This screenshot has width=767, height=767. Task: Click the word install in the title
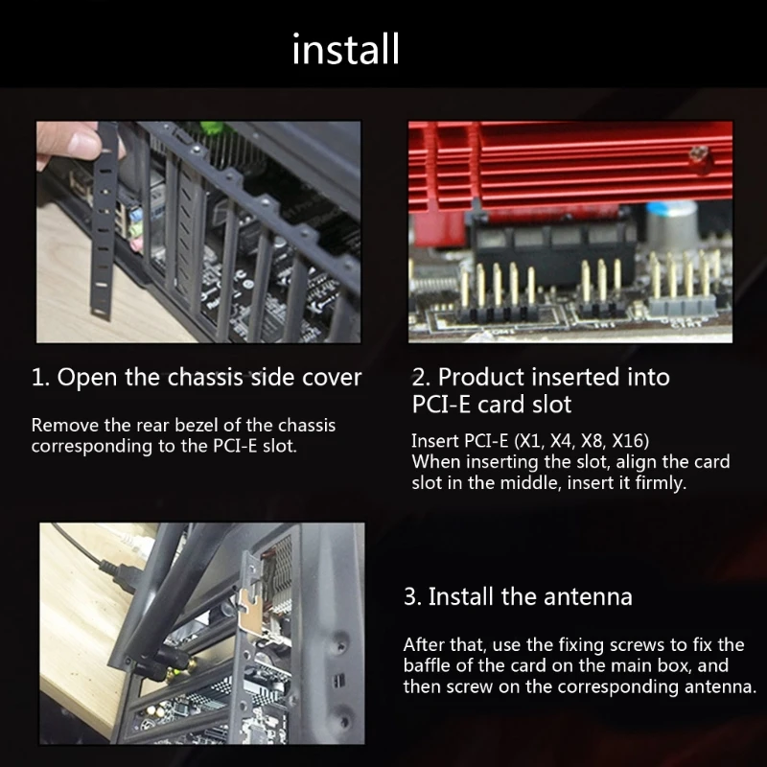click(345, 50)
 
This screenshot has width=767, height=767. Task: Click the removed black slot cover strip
click(104, 221)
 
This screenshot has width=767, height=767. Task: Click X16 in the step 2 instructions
click(631, 441)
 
